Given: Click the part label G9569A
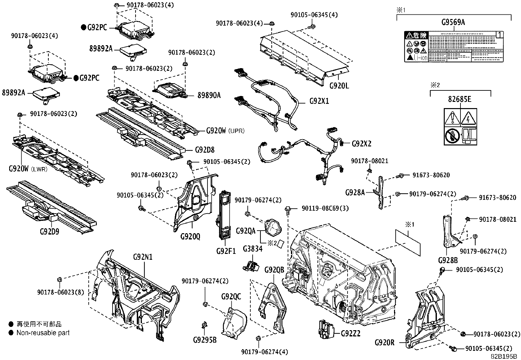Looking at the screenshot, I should click(x=453, y=22).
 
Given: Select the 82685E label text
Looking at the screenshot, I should click(x=460, y=99).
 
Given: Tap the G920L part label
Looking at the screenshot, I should click(x=339, y=86).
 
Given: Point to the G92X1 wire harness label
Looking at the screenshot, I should click(x=319, y=101).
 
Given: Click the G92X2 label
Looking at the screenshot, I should click(x=361, y=143).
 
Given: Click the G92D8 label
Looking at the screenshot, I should click(x=205, y=150).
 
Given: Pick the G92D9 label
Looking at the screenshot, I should click(x=49, y=232).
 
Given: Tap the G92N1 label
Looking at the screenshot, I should click(x=143, y=257).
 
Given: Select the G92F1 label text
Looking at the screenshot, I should click(x=226, y=251).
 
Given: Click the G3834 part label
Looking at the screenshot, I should click(x=252, y=249).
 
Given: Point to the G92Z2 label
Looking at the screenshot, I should click(x=350, y=333).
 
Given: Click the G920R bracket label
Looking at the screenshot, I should click(x=385, y=343).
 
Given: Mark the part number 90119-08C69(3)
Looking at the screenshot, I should click(x=320, y=208).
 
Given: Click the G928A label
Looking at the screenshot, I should click(x=355, y=193).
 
